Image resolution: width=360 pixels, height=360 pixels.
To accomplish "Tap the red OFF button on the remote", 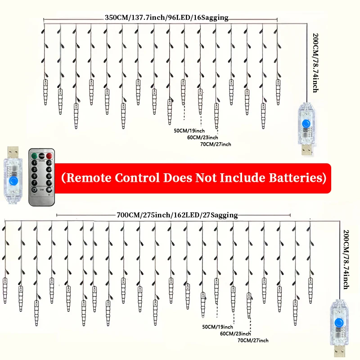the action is [49, 156].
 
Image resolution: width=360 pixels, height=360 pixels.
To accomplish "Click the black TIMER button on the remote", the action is [41, 156].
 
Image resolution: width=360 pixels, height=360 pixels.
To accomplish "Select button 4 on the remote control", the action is [49, 170].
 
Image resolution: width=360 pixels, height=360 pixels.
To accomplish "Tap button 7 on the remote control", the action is [35, 183].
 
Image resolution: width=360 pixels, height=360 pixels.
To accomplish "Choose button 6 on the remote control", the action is [49, 176].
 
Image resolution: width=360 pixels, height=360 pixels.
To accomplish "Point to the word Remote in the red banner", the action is [88, 178].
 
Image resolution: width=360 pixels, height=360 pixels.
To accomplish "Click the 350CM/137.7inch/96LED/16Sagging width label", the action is [166, 18].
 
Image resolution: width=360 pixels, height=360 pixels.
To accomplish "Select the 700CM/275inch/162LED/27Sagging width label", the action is [177, 215].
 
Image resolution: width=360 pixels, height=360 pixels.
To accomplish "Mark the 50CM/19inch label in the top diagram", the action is [189, 130].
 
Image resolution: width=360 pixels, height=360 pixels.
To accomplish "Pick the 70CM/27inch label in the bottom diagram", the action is [253, 340].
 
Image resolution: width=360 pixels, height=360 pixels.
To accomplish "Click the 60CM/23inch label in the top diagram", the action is [202, 137].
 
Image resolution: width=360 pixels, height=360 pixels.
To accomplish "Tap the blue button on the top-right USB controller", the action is [306, 124].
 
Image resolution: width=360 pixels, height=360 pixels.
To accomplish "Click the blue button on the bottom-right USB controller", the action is [338, 323].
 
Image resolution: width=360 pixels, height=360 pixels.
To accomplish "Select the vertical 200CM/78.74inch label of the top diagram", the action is [316, 63].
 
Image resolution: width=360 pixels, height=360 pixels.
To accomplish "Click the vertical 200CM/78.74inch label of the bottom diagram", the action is [346, 260].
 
